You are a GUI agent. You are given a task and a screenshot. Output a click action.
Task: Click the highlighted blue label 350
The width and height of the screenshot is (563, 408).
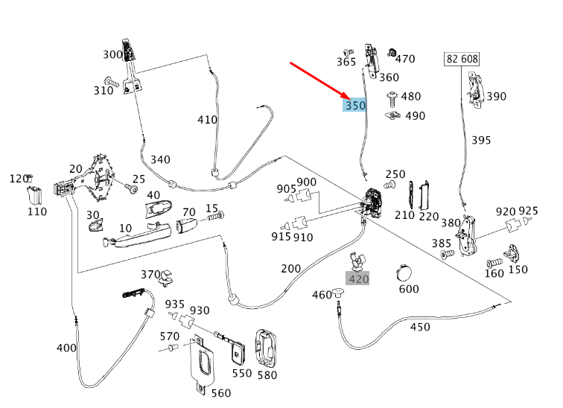tap(355, 106)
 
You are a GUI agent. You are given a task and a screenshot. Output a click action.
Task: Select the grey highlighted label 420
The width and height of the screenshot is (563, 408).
tap(358, 279)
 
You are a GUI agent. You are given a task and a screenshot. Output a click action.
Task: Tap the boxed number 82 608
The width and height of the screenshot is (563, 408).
tap(462, 59)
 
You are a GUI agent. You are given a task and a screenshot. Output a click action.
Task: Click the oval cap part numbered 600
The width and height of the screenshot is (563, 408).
tap(407, 272)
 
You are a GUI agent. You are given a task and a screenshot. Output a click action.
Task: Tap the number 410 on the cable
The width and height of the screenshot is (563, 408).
tap(207, 119)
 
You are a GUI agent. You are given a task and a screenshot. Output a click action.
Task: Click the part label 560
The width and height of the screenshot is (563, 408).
tap(221, 393)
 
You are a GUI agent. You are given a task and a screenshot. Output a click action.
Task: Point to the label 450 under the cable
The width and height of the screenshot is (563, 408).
tap(420, 326)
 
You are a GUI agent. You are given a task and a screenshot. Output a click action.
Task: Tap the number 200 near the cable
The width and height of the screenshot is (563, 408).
tap(290, 268)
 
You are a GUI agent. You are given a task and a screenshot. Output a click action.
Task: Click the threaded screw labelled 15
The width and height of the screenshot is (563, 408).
tap(215, 217)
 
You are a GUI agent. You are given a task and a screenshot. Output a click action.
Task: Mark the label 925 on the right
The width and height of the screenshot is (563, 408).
tap(528, 211)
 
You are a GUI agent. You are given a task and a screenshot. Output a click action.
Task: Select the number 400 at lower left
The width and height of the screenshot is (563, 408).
tap(66, 348)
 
